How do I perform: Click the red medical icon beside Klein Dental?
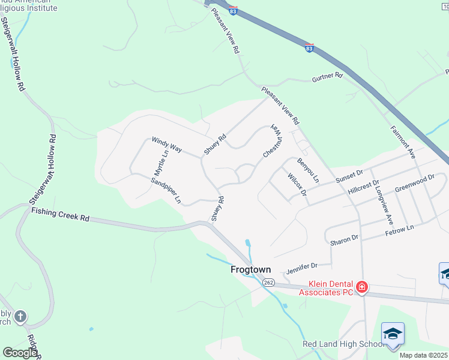point(362,287)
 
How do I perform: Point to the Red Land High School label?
point(343,344)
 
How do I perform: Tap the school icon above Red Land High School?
point(393,333)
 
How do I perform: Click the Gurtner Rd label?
point(327,77)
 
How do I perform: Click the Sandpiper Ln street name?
point(166,191)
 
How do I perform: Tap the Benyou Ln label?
point(308,170)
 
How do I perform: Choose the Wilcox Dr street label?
point(297,185)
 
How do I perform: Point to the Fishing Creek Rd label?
point(60,215)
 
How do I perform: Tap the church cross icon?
point(20,316)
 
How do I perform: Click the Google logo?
point(19,352)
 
